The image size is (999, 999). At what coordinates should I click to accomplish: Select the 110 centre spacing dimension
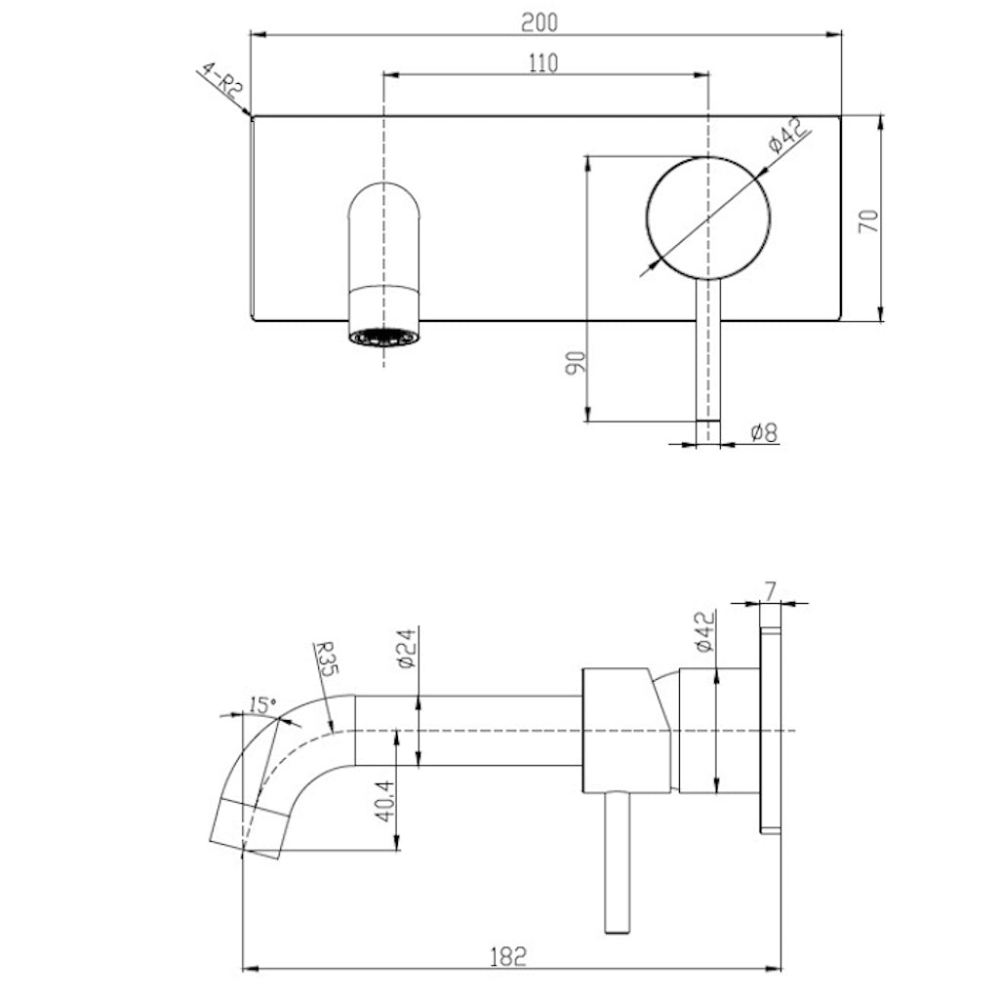click(542, 63)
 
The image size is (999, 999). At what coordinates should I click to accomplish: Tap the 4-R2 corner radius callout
click(220, 83)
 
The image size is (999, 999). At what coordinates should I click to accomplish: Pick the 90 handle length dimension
click(576, 363)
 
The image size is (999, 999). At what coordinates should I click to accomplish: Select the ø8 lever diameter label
click(764, 432)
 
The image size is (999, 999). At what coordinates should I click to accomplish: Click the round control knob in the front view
click(708, 217)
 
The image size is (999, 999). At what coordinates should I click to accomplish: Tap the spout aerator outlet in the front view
click(384, 337)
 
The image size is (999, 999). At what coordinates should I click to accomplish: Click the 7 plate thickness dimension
click(771, 589)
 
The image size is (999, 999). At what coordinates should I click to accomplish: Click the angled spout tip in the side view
click(246, 827)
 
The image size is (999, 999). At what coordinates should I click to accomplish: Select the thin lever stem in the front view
click(707, 361)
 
